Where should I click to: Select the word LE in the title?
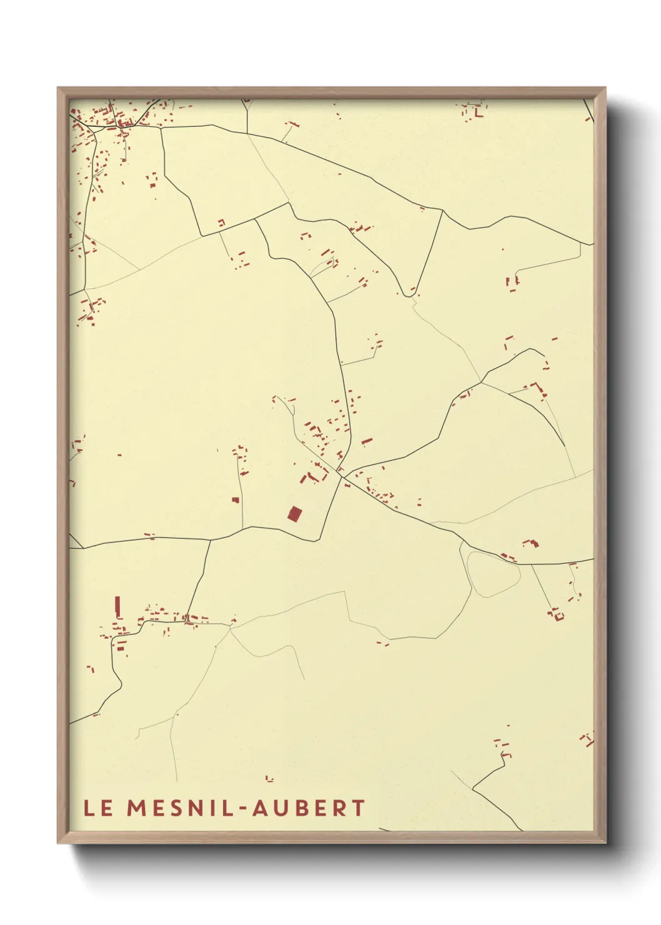(x=99, y=807)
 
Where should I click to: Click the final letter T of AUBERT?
(x=358, y=807)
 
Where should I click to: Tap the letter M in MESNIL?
(x=137, y=807)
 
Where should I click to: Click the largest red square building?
(x=295, y=514)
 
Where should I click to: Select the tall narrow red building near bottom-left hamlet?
(x=117, y=606)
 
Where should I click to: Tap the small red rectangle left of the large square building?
(x=236, y=500)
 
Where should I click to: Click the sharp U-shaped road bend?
(x=409, y=294)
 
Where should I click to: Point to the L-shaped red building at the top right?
(x=480, y=114)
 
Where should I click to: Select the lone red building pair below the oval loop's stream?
(x=382, y=642)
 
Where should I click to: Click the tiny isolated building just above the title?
(x=269, y=779)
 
